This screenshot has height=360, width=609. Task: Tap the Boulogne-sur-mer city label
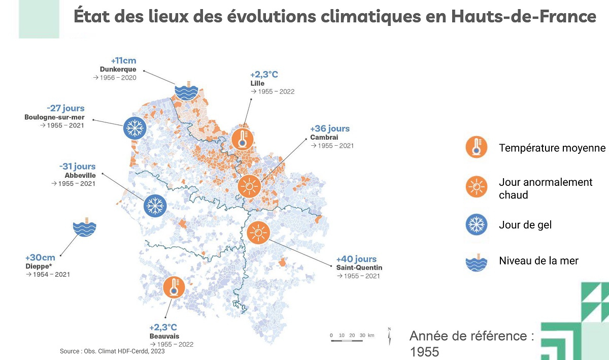[54, 117]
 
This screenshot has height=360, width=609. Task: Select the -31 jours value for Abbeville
[77, 167]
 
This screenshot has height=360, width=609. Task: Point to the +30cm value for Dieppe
[40, 257]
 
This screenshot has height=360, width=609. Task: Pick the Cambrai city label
[324, 137]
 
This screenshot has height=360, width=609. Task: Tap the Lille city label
[257, 83]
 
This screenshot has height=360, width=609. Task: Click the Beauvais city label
[164, 336]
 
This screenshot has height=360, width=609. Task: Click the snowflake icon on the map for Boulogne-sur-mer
[134, 128]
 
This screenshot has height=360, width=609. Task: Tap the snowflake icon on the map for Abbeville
[154, 206]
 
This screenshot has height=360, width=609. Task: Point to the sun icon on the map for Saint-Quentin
[258, 234]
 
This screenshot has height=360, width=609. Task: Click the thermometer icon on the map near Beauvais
[174, 287]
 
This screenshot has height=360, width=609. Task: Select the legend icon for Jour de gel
[476, 225]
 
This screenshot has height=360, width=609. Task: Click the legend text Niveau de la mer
[538, 261]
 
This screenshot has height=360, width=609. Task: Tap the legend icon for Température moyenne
[476, 148]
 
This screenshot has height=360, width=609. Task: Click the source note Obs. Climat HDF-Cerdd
[112, 351]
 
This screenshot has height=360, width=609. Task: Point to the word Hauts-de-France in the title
[523, 17]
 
